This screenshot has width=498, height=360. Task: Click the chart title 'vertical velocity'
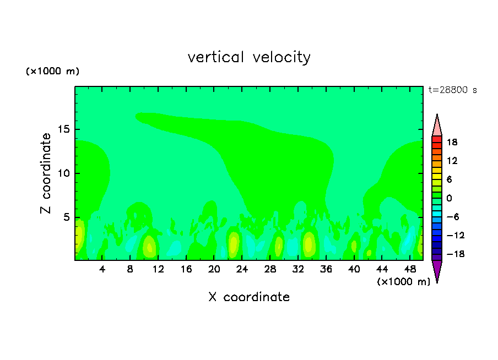[249, 57]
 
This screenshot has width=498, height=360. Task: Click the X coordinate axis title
[249, 297]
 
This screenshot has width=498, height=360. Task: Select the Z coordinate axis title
[46, 173]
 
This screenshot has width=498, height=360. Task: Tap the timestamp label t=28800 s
[453, 90]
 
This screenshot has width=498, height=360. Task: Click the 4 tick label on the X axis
[102, 269]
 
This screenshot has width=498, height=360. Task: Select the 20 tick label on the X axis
[214, 269]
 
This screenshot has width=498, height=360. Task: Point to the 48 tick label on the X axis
[410, 269]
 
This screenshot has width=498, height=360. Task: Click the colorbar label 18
[452, 142]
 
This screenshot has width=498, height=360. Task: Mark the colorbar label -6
[452, 217]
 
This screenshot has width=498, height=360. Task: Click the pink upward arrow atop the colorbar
[437, 126]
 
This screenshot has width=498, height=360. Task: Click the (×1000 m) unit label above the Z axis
[52, 72]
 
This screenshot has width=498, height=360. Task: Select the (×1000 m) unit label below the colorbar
[404, 281]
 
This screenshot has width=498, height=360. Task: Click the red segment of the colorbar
[437, 141]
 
